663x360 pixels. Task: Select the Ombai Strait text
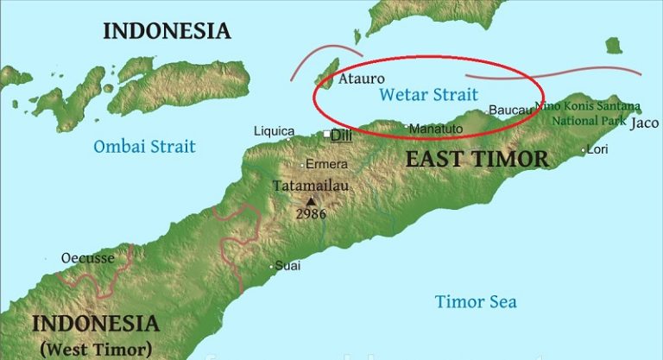144,146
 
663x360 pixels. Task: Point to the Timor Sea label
476,301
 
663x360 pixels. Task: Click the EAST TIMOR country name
477,159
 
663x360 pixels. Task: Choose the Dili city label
343,136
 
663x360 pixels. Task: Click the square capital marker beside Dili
326,135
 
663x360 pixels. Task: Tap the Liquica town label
274,131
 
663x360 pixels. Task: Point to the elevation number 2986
311,214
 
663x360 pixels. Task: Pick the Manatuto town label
436,129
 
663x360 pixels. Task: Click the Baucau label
508,111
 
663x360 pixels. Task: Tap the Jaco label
645,123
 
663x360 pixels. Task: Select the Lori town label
597,149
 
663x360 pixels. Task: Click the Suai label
288,266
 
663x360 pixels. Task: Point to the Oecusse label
87,258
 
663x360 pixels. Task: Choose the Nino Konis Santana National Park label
588,113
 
